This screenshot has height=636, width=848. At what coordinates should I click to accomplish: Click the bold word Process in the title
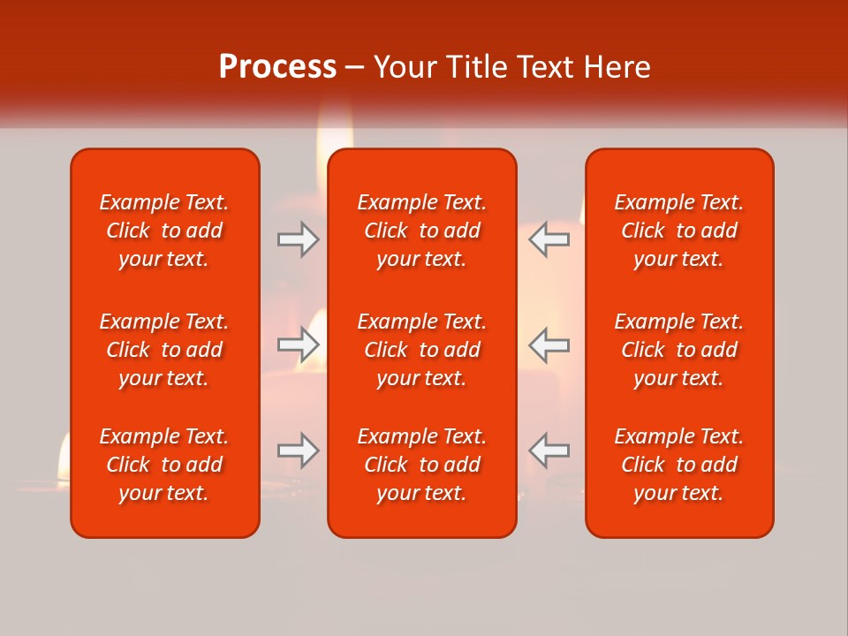tap(277, 67)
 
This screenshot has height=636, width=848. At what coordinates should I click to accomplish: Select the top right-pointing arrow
tap(299, 239)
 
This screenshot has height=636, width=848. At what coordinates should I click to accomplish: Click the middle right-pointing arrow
tap(299, 344)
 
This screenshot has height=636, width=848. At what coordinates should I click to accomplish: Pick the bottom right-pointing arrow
tap(299, 450)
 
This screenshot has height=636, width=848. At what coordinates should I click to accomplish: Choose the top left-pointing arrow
tap(549, 239)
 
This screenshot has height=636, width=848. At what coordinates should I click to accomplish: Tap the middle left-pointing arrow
tap(549, 344)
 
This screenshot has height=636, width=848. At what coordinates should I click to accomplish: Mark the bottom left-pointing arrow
tap(549, 450)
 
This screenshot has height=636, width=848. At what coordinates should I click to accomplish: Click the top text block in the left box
tap(164, 231)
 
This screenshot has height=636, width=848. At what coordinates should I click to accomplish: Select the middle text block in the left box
tap(164, 350)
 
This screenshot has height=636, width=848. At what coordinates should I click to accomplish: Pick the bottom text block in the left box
tap(164, 465)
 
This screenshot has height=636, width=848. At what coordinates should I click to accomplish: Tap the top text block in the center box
tap(421, 231)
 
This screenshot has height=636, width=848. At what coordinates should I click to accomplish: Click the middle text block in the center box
tap(421, 350)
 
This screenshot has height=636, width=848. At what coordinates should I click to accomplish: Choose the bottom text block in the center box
tap(421, 465)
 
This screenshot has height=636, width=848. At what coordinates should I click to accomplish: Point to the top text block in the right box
tap(678, 231)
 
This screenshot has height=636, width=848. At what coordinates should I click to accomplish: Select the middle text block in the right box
tap(678, 350)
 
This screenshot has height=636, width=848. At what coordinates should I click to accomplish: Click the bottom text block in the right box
tap(678, 465)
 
